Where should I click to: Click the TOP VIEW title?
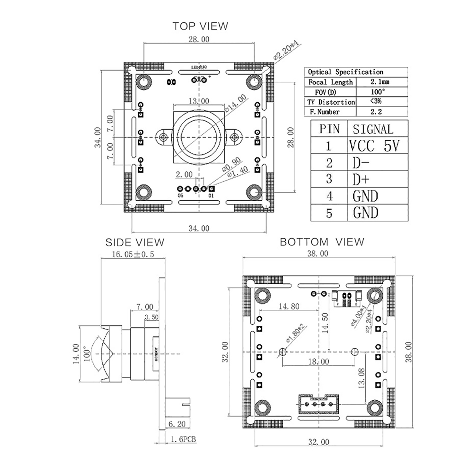(x=200, y=26)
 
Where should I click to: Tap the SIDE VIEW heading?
(x=135, y=242)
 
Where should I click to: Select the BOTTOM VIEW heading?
(x=322, y=242)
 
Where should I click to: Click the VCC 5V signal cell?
(x=374, y=145)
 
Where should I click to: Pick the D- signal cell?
(x=361, y=163)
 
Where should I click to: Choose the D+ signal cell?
(x=361, y=179)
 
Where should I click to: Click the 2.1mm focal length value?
(x=379, y=82)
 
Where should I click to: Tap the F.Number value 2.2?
(x=376, y=112)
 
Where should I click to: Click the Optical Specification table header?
(x=346, y=72)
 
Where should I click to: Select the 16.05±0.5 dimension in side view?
(x=133, y=254)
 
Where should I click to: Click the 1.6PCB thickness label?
(x=183, y=439)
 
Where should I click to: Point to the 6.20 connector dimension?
(x=177, y=424)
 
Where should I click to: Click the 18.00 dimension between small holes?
(x=318, y=361)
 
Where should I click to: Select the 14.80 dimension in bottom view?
(x=289, y=306)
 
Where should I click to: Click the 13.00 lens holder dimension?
(x=199, y=101)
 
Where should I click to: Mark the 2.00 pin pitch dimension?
(x=184, y=174)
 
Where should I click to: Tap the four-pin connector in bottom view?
(x=319, y=404)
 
